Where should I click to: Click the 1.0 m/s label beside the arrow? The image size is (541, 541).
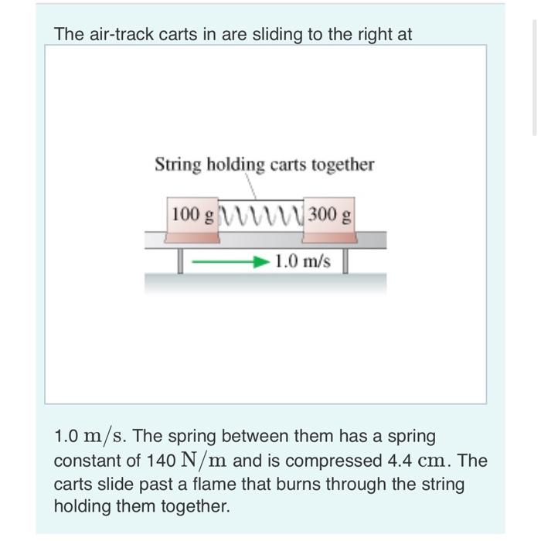pyautogui.click(x=302, y=262)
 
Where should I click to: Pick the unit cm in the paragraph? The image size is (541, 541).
pyautogui.click(x=436, y=461)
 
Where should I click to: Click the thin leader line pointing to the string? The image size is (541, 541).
pyautogui.click(x=250, y=186)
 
